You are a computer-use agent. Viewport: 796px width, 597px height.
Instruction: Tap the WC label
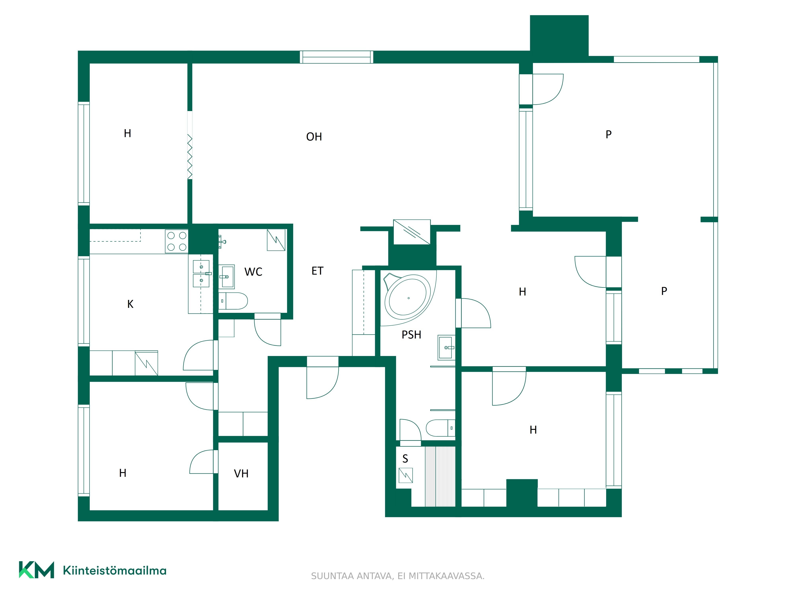tap(253, 272)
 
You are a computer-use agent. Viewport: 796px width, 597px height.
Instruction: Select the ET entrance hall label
tap(317, 271)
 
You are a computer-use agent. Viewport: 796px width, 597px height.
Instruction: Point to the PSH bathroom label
tap(411, 335)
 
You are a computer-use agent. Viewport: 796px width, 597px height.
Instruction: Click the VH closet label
tap(241, 474)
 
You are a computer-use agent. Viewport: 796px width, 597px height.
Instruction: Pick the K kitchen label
tap(130, 304)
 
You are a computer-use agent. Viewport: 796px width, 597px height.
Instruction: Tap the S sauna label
tap(405, 459)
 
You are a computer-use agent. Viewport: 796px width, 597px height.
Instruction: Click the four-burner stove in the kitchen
tap(177, 241)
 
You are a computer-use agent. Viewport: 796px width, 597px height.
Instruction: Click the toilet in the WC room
tap(233, 301)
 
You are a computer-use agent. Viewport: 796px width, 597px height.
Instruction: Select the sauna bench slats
tap(440, 476)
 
